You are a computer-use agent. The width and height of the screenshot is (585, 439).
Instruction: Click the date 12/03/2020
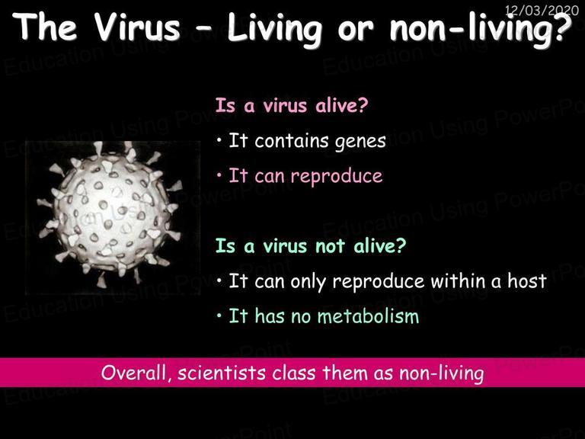[542, 10]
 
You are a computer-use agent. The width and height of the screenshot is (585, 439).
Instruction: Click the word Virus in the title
[137, 27]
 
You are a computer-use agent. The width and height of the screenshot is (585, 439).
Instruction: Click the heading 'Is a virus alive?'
[292, 105]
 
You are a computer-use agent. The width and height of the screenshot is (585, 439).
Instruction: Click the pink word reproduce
[336, 177]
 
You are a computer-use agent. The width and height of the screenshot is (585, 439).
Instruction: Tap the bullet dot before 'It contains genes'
[219, 141]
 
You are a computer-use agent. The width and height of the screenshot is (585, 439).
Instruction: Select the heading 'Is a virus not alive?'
[311, 245]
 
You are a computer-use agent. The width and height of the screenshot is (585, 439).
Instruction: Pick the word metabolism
[368, 316]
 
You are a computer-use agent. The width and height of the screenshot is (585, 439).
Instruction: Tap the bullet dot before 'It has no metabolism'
[219, 316]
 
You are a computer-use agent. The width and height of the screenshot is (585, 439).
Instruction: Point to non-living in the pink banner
[441, 373]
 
